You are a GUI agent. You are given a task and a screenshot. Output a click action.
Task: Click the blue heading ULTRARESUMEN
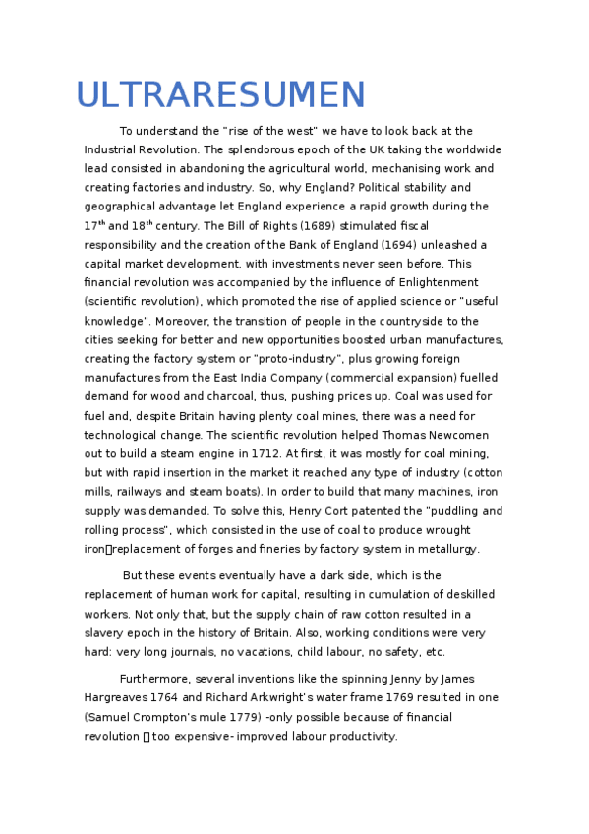[220, 94]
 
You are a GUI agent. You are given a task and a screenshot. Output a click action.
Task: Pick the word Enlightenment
[446, 282]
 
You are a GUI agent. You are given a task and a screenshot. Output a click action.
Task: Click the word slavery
[106, 632]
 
